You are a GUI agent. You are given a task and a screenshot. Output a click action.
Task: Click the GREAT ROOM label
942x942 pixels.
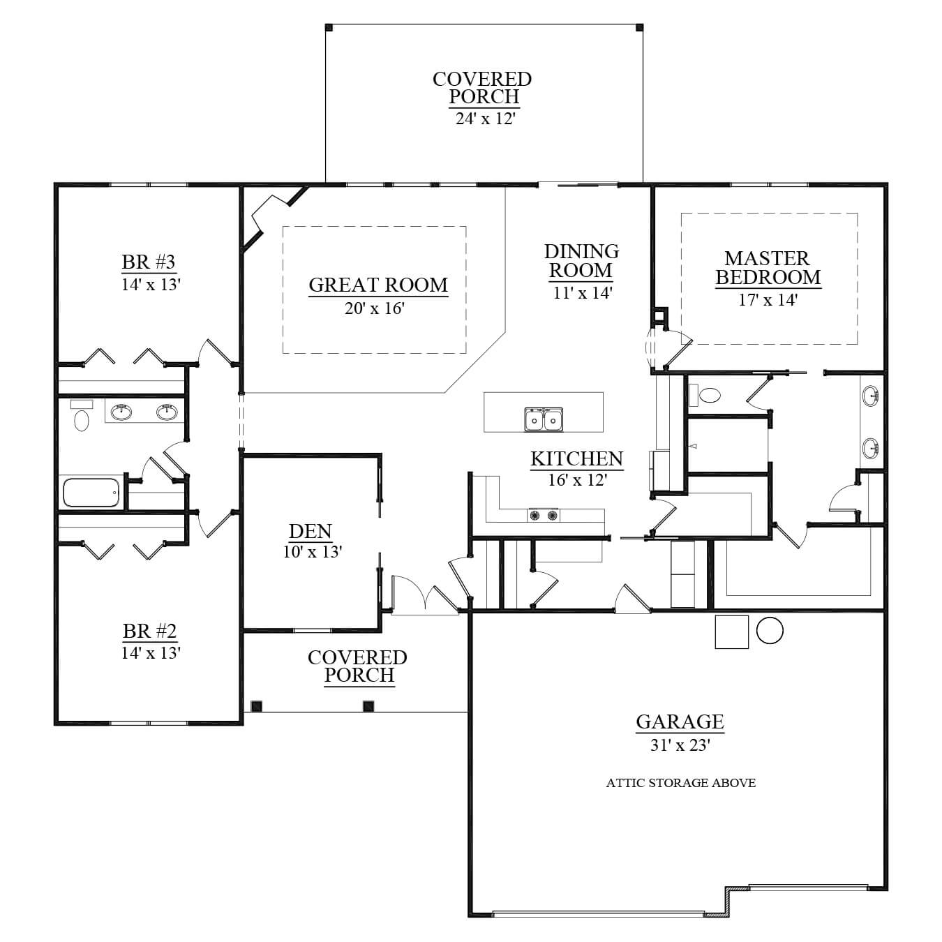[x=378, y=285]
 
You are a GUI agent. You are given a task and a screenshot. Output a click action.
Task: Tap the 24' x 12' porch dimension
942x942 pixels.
[x=486, y=119]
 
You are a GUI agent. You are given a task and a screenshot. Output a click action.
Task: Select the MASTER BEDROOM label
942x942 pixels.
[x=768, y=268]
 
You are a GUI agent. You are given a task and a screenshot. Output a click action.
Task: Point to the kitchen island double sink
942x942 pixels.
[x=544, y=419]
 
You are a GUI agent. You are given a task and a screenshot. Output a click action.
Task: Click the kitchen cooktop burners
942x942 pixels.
[x=543, y=515]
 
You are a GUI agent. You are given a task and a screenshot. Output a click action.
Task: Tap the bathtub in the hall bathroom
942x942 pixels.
[x=91, y=493]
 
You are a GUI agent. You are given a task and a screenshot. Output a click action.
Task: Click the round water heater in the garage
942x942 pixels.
[x=770, y=630]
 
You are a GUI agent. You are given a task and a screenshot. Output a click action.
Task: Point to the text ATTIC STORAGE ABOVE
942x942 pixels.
[x=680, y=783]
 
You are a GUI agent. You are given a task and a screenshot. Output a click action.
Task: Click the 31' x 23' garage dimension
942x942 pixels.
[x=680, y=745]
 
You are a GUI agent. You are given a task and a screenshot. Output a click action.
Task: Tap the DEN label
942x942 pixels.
[x=311, y=531]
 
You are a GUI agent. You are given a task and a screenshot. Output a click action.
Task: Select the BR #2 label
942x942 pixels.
[x=149, y=631]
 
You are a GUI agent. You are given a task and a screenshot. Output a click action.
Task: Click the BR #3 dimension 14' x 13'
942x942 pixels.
[x=151, y=285]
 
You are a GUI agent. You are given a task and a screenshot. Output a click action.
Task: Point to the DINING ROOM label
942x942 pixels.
[x=581, y=260]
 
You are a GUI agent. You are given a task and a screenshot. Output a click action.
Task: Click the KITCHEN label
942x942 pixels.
[x=577, y=458]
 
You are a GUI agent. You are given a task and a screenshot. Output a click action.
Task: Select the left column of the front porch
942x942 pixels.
[x=257, y=706]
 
